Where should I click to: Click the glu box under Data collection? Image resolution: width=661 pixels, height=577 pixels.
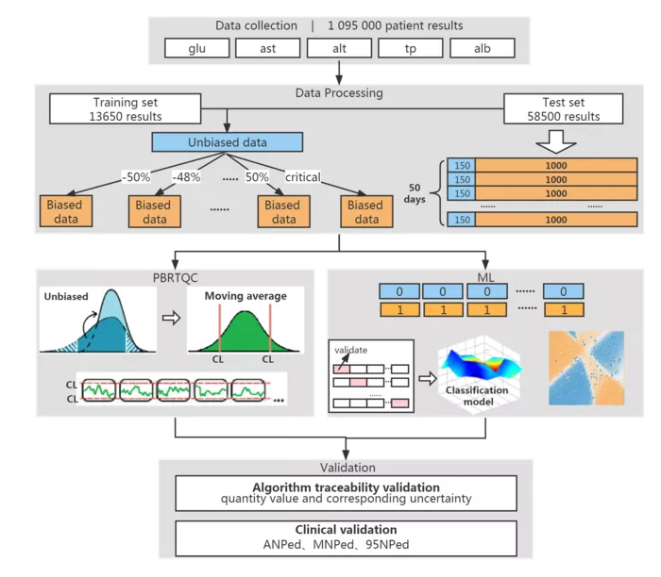point(196,48)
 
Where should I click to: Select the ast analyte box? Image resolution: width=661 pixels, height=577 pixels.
point(267,48)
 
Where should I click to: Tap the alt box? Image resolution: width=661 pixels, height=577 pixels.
point(339,48)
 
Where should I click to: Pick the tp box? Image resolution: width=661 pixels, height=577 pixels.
point(411,48)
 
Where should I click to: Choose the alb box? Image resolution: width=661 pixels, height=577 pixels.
point(483,48)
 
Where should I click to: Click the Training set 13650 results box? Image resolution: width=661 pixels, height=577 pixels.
point(126,109)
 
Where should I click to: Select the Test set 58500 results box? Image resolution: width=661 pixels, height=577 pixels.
point(563,109)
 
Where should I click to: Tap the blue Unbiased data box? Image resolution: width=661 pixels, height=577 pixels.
point(228,142)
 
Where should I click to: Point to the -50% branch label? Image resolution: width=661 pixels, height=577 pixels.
point(136,176)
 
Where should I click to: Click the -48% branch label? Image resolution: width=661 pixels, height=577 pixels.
point(186,176)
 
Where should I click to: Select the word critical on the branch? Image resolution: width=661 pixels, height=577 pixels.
point(303,176)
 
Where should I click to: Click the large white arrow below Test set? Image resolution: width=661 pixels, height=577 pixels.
point(556,141)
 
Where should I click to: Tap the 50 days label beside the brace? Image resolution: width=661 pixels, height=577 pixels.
point(415,193)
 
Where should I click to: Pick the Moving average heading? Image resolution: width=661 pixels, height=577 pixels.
point(246,296)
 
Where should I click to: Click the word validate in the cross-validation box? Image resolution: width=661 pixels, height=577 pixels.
point(350,350)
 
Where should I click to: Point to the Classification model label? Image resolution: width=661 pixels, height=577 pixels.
point(477,396)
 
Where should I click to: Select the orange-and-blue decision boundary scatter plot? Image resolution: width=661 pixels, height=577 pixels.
point(586,369)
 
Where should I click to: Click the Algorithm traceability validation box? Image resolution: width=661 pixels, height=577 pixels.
point(347,493)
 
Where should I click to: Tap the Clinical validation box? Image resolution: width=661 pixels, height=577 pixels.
point(347,538)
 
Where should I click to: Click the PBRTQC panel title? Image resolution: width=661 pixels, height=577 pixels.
point(175,278)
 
